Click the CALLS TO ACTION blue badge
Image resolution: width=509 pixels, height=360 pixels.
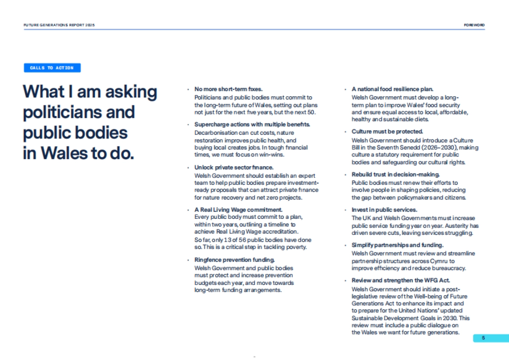pos(52,68)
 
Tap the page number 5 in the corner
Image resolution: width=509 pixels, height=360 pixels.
pos(483,338)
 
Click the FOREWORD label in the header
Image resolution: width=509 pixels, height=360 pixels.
pos(474,25)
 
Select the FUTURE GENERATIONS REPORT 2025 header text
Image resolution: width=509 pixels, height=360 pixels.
pos(59,25)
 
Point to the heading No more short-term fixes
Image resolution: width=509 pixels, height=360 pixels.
pos(229,89)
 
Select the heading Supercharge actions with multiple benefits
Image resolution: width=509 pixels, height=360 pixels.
pos(252,124)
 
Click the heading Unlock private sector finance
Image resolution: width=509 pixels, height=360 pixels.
pos(234,167)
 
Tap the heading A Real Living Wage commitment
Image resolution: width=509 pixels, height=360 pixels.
pos(238,209)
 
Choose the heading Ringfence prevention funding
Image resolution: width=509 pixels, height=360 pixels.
pos(235,260)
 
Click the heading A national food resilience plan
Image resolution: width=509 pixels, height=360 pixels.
pos(392,89)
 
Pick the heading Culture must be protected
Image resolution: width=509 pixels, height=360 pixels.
pos(387,132)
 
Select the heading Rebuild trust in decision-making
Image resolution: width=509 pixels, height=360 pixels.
pos(396,174)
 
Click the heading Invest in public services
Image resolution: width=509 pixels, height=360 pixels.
pos(384,209)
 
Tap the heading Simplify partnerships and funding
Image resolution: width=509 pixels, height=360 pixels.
pos(397,245)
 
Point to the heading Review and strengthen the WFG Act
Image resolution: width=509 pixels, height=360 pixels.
pos(401,280)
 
